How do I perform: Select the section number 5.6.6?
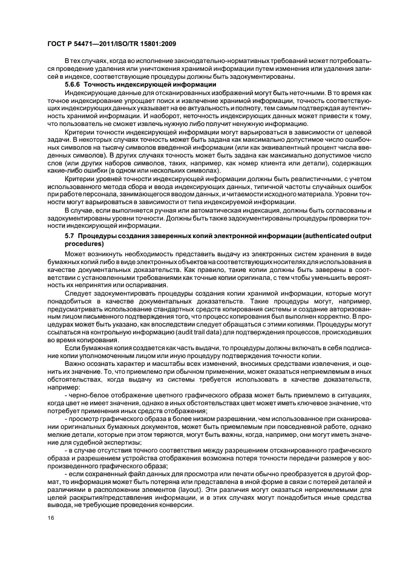point(72,85)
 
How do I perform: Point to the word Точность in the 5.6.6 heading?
point(100,85)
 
